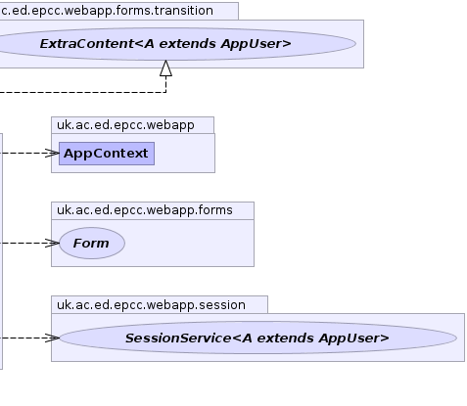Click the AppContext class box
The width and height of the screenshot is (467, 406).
point(107,154)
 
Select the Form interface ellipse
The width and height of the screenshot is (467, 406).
point(92,243)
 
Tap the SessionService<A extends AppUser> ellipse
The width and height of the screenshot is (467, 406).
point(257,338)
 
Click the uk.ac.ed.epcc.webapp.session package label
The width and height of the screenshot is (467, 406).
point(151,305)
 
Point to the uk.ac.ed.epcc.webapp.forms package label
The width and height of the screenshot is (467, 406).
point(145,210)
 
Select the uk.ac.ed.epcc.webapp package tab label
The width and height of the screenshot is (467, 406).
point(125,125)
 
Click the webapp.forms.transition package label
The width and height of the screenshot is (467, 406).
point(107,11)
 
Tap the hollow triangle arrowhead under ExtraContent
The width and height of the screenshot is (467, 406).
point(165,68)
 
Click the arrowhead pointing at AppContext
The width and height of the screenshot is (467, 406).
point(52,153)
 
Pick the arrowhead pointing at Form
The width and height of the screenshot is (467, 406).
point(52,243)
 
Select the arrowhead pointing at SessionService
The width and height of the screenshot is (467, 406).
point(52,338)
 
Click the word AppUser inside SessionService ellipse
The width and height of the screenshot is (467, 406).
point(354,338)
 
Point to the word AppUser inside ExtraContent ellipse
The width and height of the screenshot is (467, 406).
point(256,44)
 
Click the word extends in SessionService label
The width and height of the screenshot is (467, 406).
point(286,338)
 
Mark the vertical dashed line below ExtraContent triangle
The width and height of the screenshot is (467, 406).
point(165,84)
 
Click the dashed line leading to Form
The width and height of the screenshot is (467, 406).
point(23,243)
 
